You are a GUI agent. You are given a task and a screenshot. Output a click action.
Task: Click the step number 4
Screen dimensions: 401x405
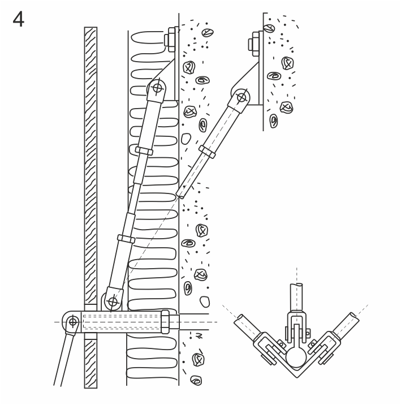click(18, 19)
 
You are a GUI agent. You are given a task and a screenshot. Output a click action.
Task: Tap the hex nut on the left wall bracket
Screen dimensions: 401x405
click(170, 40)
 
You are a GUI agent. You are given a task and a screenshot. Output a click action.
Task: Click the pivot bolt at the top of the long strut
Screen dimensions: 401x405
click(157, 88)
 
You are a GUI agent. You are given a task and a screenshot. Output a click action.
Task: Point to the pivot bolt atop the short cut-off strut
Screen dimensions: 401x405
click(242, 98)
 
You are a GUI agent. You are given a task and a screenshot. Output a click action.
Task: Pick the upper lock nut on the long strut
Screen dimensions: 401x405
click(144, 151)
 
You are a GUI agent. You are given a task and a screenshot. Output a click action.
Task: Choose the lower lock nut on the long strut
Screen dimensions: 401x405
click(126, 239)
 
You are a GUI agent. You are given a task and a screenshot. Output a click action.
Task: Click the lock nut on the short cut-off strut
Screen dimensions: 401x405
click(207, 152)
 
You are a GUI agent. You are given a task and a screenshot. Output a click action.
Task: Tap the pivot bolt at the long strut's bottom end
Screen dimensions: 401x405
click(113, 301)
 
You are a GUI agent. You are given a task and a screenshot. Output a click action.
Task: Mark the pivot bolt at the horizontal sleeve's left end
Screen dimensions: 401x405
click(73, 322)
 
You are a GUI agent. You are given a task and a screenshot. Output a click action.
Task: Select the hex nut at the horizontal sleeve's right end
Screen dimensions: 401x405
click(165, 322)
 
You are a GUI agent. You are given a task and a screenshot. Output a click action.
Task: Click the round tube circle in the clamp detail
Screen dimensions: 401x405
click(296, 357)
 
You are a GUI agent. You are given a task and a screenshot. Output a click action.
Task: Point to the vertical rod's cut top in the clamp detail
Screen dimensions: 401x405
click(296, 285)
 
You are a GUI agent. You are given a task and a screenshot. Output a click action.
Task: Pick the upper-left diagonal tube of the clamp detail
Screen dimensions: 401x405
click(247, 325)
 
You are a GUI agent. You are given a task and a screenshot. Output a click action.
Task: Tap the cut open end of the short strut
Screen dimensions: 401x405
click(180, 195)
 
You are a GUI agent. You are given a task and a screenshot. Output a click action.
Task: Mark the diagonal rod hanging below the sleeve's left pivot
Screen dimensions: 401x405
click(64, 359)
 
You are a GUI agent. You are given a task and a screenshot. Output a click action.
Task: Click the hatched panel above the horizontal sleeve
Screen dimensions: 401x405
click(90, 166)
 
